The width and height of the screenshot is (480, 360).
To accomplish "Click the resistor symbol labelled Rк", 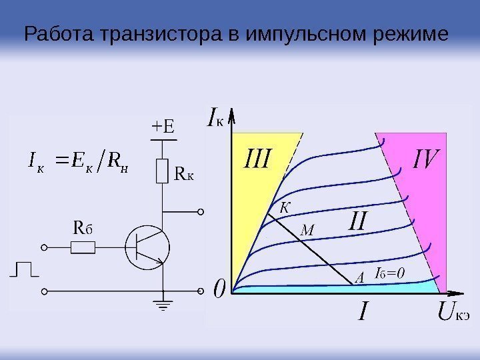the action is [162, 171].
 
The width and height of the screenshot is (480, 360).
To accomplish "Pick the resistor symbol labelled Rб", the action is [83, 248].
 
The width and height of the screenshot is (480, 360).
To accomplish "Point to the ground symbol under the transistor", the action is [162, 306].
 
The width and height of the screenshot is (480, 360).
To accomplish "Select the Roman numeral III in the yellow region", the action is [257, 159].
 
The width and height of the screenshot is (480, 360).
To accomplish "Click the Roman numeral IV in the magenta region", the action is [427, 159].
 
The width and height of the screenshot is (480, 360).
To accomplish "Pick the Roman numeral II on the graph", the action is [359, 221].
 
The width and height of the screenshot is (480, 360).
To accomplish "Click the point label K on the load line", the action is [285, 207].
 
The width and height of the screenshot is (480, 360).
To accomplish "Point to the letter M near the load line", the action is [307, 231].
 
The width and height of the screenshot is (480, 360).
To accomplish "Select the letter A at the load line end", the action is [359, 278].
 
